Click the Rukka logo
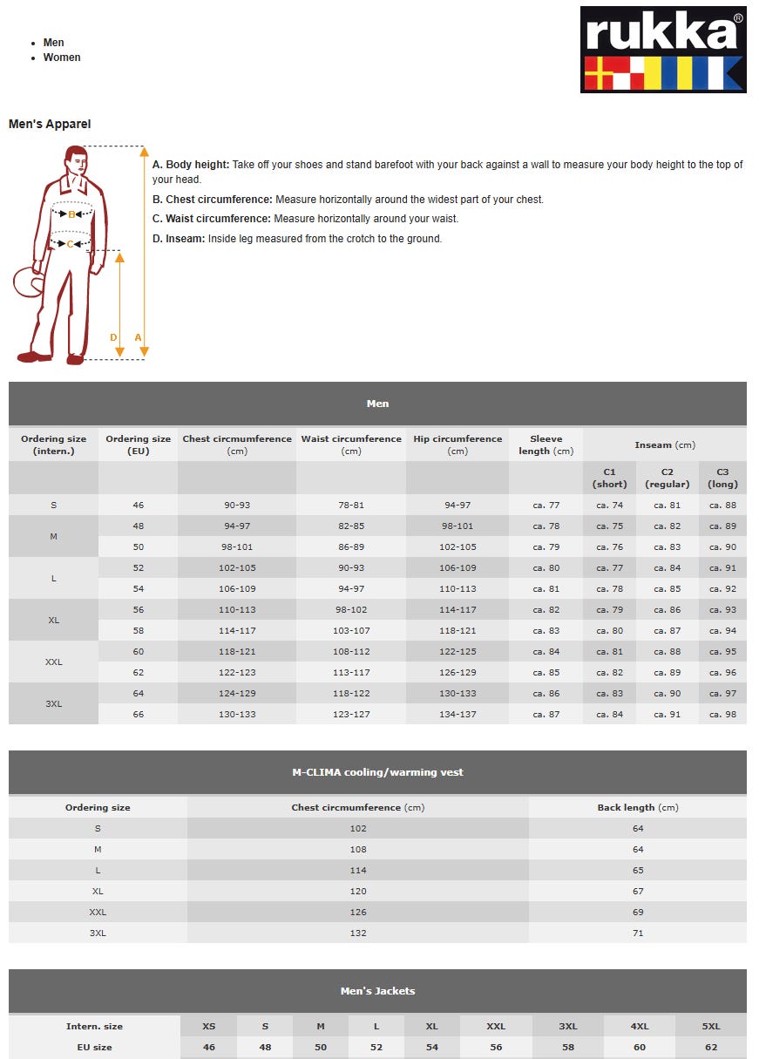coord(662,50)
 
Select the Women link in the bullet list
coord(62,58)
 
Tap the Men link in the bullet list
coord(53,43)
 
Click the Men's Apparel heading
coord(50,125)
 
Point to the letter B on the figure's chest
coord(71,214)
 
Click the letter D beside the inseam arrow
coord(113,337)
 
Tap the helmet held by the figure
coord(25,282)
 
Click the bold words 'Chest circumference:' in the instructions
coord(219,200)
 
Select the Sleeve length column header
coord(546,445)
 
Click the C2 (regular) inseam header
coord(667,478)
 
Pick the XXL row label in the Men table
coord(53,662)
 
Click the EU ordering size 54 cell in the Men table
coord(138,589)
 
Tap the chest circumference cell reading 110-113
coord(236,610)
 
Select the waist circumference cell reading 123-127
coord(351,715)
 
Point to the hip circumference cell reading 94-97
coord(457,506)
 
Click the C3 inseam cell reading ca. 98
coord(722,715)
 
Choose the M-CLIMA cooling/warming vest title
coord(377,772)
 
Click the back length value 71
coord(638,933)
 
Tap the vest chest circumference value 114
coord(357,871)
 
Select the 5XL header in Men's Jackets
coord(710,1026)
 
